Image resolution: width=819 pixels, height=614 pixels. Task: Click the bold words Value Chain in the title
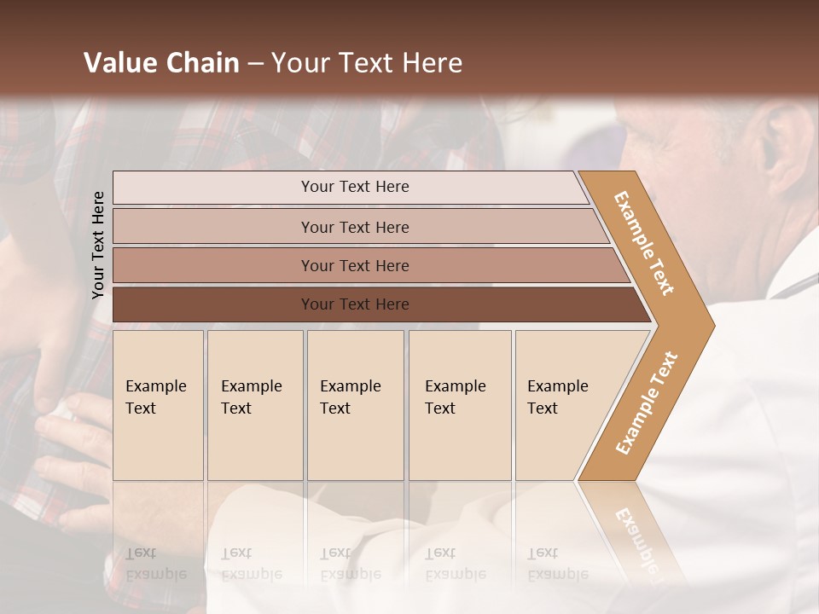coord(161,63)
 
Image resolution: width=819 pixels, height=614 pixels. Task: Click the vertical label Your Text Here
coord(98,245)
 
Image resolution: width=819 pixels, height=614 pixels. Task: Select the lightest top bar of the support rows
coord(256,187)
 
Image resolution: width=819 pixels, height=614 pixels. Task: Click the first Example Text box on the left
coord(158,405)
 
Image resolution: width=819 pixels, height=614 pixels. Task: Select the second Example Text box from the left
coord(255,405)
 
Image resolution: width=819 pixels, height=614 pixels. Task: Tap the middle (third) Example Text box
coord(355,405)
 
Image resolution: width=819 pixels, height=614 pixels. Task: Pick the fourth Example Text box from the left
coord(460,405)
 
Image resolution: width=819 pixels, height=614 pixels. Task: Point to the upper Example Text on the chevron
coord(645,243)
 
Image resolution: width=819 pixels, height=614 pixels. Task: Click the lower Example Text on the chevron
coord(647,403)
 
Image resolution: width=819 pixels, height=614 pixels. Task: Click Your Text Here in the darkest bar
coord(355,304)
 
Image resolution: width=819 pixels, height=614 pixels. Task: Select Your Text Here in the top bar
coord(355,187)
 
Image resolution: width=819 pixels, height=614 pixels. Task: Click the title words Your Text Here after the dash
coord(367,63)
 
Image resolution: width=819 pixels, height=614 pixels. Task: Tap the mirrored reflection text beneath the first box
coord(155,564)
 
